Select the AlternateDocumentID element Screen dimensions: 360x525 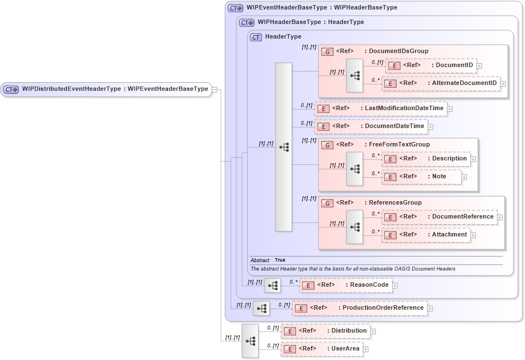(x=441, y=83)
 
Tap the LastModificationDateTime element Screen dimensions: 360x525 (x=380, y=108)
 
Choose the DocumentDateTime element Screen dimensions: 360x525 (x=371, y=126)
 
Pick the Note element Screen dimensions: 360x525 (x=421, y=177)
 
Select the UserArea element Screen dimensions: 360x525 (x=321, y=349)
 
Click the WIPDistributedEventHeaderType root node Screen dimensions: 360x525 (x=107, y=89)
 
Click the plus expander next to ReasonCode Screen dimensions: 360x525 (x=395, y=286)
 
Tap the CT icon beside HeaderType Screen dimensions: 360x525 (x=256, y=37)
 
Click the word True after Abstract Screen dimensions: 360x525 (x=280, y=260)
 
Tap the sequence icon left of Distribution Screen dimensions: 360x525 (x=250, y=340)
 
